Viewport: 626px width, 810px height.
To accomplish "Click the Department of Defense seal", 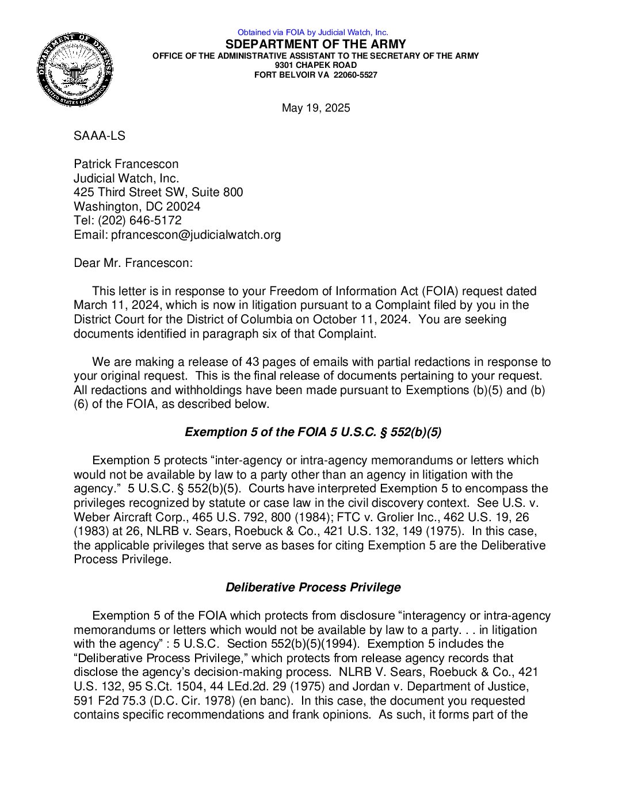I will (x=75, y=70).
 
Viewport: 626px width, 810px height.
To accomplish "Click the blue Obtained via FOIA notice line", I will (x=312, y=32).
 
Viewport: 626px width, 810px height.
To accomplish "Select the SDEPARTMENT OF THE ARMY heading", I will (x=315, y=44).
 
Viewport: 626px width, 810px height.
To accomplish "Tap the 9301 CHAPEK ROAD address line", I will (x=315, y=65).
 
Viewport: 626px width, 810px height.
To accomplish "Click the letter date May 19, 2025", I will (x=315, y=108).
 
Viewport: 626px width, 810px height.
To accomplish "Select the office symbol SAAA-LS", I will (x=99, y=136).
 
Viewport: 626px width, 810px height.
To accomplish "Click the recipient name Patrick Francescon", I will (x=126, y=164).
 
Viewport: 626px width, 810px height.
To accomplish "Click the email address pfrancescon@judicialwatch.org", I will (x=196, y=235).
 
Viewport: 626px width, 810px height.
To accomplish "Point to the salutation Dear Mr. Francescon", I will (x=133, y=263).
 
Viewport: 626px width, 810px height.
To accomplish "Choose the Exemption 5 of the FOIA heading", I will (x=313, y=432).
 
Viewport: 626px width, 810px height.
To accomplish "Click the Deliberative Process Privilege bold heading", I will (x=313, y=587).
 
